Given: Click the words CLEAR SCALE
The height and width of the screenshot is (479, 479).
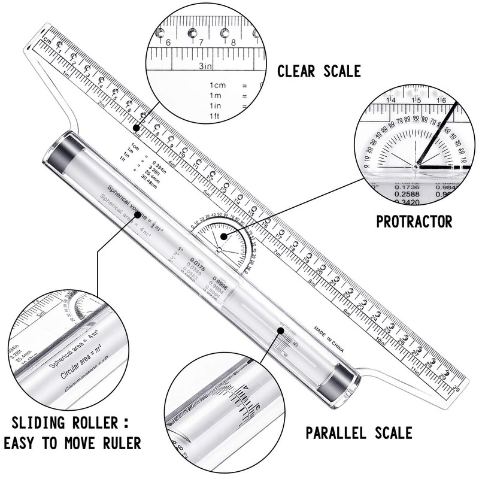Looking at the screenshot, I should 318,72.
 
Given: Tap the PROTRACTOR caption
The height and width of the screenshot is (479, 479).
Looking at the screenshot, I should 414,222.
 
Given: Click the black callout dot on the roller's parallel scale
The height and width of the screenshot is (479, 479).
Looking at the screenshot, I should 280,329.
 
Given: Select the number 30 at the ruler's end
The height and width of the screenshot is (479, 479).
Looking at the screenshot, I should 456,388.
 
